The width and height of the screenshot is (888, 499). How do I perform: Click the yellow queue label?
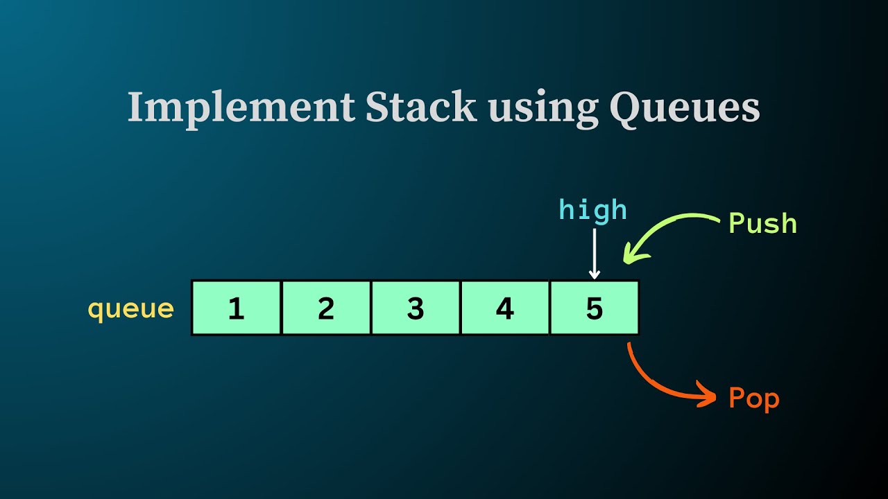(130, 308)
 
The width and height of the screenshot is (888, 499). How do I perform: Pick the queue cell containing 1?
(237, 308)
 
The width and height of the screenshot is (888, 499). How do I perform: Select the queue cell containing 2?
(326, 308)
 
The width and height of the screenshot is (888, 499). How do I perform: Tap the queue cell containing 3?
(416, 308)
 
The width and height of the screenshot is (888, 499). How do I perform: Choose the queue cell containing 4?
(505, 308)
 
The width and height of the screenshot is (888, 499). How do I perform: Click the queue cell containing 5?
(595, 308)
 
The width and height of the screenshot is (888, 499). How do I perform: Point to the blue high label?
(593, 210)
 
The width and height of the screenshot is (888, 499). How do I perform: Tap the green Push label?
(762, 223)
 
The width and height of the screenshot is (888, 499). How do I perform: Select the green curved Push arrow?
(666, 229)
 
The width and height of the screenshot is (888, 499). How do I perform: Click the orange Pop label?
(754, 399)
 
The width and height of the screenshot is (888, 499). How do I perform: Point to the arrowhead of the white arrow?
(595, 274)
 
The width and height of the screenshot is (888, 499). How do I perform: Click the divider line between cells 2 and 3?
(371, 308)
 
